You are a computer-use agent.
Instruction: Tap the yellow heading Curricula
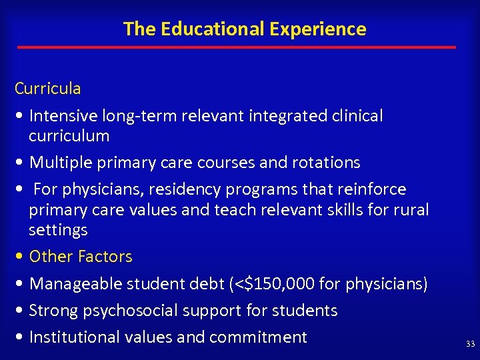[x=48, y=89]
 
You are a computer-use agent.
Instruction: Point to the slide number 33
[x=471, y=344]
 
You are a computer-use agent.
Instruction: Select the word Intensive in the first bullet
[x=63, y=116]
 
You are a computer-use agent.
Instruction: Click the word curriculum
[x=69, y=136]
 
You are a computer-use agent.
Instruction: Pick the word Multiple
[x=61, y=163]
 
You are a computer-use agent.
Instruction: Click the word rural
[x=413, y=210]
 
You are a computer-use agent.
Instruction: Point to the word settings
[x=58, y=230]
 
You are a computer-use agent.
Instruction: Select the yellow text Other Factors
[x=81, y=257]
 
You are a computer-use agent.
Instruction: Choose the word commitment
[x=258, y=337]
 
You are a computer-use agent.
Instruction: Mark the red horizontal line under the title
[x=237, y=47]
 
